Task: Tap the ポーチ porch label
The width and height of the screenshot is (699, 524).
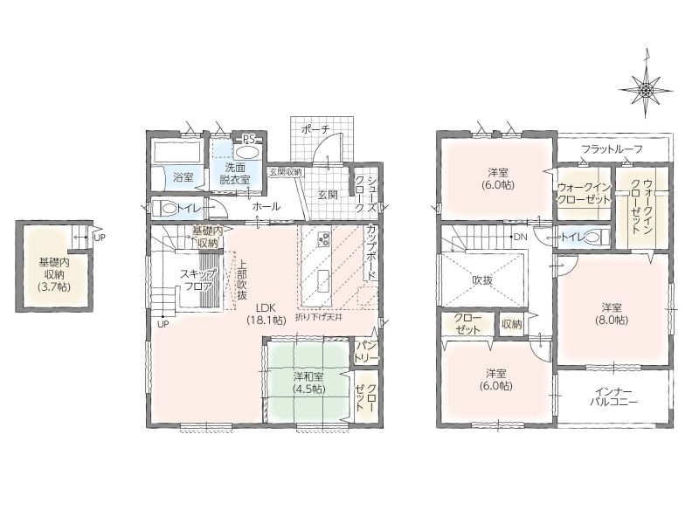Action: [x=315, y=129]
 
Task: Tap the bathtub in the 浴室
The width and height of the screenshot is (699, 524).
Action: [x=176, y=153]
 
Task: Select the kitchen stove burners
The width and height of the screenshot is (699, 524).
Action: [x=322, y=238]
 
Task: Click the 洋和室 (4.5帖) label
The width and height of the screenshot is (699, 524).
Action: [x=309, y=383]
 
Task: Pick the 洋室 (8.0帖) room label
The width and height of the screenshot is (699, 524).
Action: [x=612, y=314]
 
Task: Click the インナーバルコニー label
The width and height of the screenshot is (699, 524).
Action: [x=613, y=396]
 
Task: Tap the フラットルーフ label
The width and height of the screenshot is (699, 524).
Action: [x=612, y=149]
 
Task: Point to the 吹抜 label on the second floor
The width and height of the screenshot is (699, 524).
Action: [x=482, y=280]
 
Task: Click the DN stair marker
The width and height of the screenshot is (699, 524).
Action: [x=520, y=237]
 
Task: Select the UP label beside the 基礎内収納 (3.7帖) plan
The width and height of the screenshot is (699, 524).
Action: [x=100, y=238]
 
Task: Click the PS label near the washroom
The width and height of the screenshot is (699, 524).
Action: [x=248, y=139]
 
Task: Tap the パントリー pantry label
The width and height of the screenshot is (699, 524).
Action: [x=367, y=352]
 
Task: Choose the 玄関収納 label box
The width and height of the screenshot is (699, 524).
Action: [x=286, y=172]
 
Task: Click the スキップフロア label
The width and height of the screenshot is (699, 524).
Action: [x=198, y=280]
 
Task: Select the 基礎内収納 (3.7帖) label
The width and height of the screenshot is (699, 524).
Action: [x=54, y=273]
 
